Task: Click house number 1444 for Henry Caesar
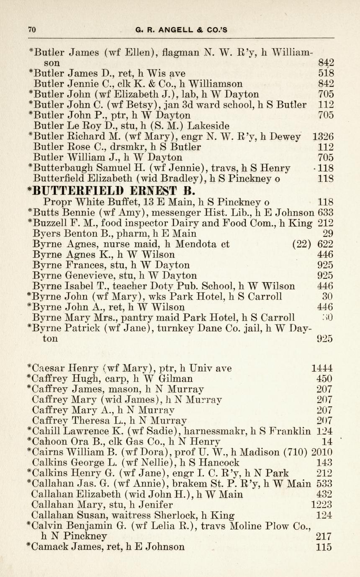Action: pyautogui.click(x=322, y=369)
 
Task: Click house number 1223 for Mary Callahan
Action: pyautogui.click(x=322, y=505)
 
